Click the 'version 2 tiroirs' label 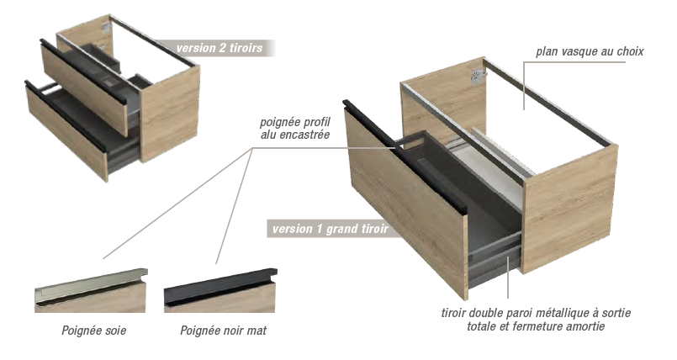219,47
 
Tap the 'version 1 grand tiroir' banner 331,228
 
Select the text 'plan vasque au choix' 590,52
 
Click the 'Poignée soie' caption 94,331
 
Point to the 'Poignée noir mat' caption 223,331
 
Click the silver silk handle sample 91,286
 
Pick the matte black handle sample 220,286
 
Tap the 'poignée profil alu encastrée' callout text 295,128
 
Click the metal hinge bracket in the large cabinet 477,77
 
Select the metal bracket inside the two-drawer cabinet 106,27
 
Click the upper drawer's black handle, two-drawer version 83,71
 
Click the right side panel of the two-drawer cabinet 169,114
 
